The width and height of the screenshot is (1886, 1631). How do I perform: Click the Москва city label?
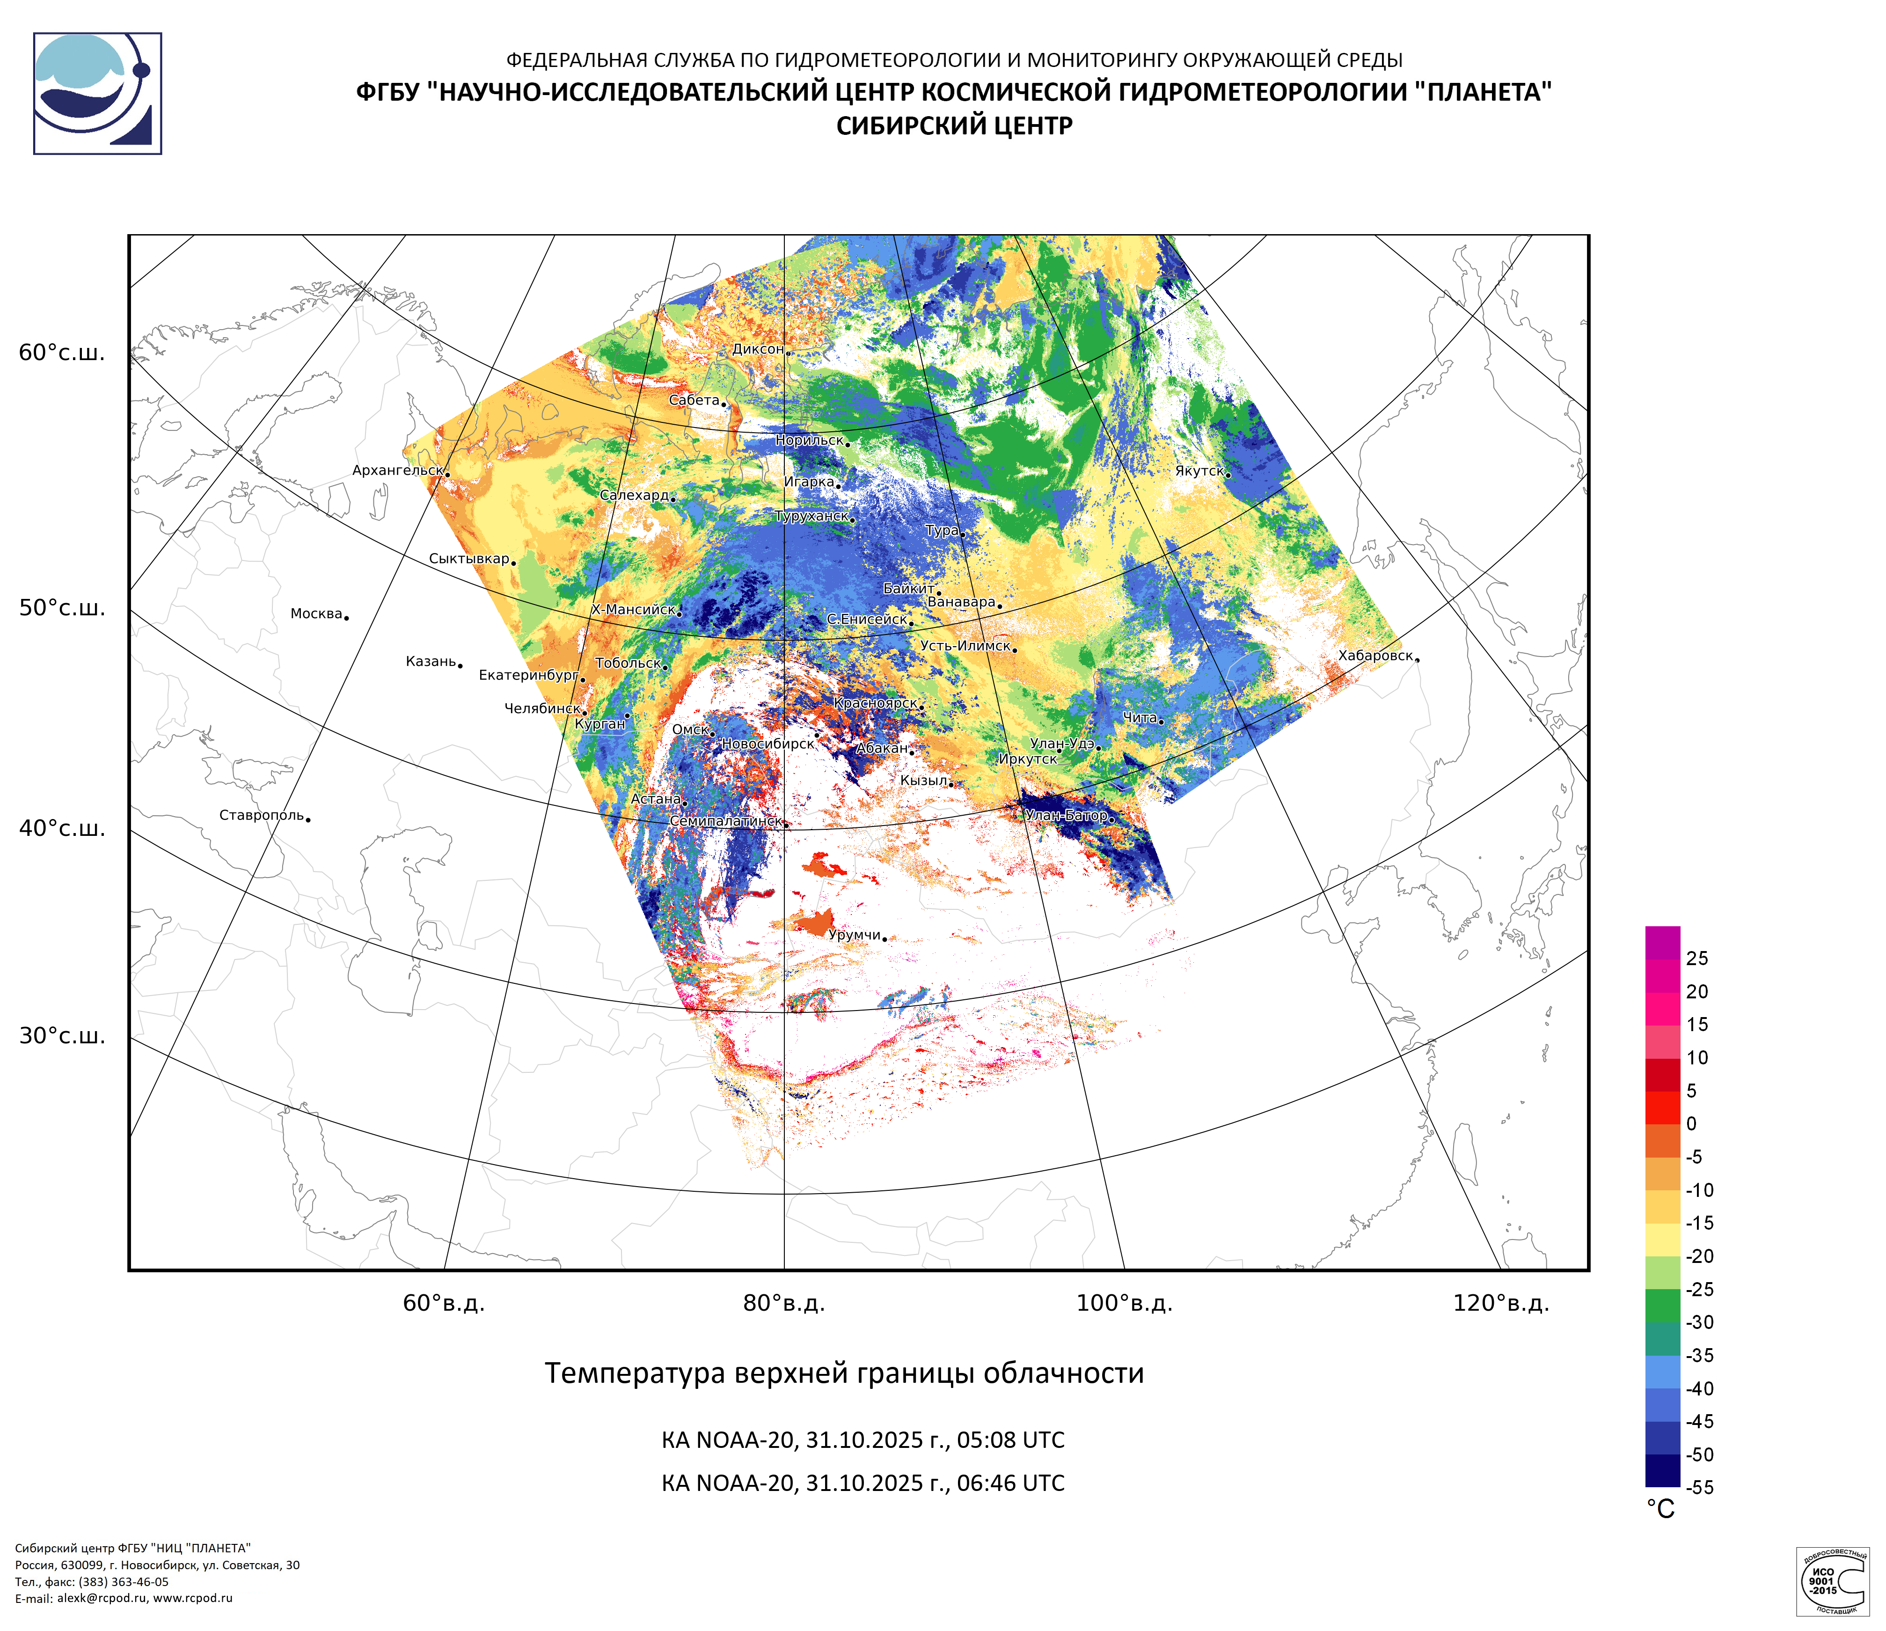pyautogui.click(x=316, y=614)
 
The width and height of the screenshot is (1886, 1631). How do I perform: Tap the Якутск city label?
pyautogui.click(x=1199, y=471)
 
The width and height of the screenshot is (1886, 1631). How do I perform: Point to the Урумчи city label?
pyautogui.click(x=854, y=935)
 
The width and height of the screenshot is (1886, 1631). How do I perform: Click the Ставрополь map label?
pyautogui.click(x=261, y=815)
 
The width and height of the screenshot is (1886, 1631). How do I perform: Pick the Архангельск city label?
pyautogui.click(x=397, y=471)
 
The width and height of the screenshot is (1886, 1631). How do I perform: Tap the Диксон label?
pyautogui.click(x=757, y=349)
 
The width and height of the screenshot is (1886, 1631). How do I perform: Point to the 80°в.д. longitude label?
pyautogui.click(x=784, y=1303)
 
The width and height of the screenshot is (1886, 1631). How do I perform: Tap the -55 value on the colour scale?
pyautogui.click(x=1699, y=1487)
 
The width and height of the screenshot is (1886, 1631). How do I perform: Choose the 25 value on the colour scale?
pyautogui.click(x=1696, y=958)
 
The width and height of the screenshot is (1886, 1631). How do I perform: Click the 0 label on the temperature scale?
pyautogui.click(x=1691, y=1124)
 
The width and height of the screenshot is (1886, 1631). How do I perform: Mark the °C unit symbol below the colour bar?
pyautogui.click(x=1660, y=1510)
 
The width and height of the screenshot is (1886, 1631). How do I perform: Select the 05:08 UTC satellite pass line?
pyautogui.click(x=862, y=1440)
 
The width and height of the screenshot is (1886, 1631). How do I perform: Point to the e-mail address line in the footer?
pyautogui.click(x=124, y=1598)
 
